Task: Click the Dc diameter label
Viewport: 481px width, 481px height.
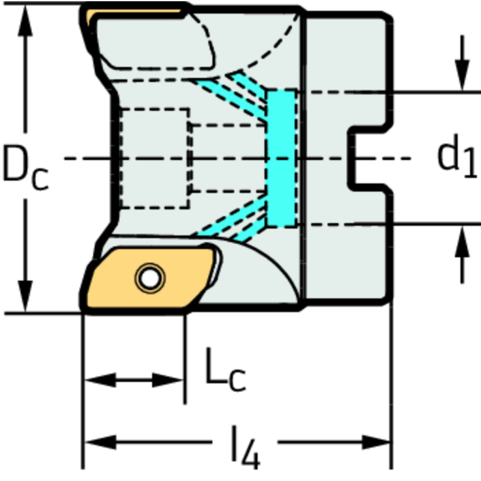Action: point(25,167)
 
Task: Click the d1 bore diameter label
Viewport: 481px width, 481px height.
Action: point(457,157)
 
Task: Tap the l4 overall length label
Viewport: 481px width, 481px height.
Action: point(245,447)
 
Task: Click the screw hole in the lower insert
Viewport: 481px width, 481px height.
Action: point(150,278)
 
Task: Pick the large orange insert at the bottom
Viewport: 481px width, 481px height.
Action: point(147,278)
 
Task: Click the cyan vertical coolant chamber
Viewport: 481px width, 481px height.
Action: point(282,158)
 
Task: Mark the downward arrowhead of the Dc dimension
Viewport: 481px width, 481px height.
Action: point(25,296)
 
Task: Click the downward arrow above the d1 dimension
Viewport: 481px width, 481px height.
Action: point(462,63)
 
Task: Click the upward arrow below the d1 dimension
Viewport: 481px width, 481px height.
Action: point(462,255)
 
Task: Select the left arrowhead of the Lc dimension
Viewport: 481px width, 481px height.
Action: point(100,381)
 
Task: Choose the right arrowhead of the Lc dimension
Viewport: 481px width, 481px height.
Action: point(167,381)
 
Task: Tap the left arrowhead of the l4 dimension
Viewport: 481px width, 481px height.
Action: point(100,442)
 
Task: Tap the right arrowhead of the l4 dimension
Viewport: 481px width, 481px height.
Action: point(376,442)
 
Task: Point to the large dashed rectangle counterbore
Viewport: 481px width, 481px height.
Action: point(154,158)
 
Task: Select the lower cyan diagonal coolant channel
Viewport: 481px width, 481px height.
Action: point(231,218)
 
